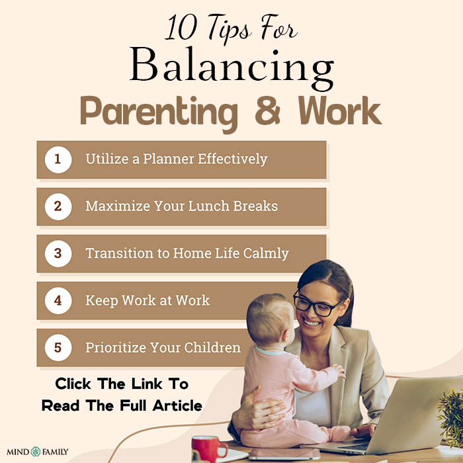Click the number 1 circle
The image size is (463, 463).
coord(58,159)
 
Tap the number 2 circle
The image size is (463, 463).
coord(58,206)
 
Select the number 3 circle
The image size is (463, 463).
coord(58,253)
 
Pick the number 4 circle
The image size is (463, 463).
coord(58,300)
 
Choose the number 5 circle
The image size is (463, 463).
coord(58,347)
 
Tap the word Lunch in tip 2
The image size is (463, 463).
coord(214,206)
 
